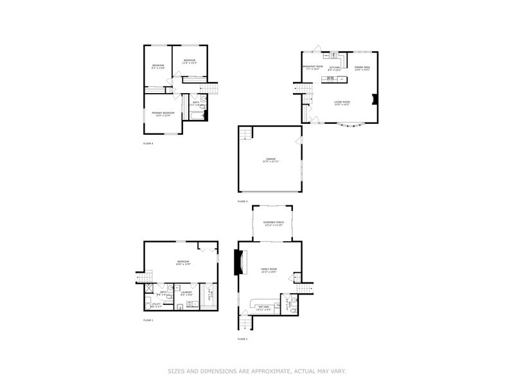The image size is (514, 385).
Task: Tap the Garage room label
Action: [269, 160]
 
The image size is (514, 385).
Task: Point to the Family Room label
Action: [269, 270]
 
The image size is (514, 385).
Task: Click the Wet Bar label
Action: [263, 307]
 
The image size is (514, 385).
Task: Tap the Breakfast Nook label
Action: [312, 67]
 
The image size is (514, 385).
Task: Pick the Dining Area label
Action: [362, 67]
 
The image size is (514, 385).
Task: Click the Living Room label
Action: [341, 102]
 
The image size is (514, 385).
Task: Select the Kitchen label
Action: [334, 67]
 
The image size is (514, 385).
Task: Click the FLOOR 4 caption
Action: [148, 144]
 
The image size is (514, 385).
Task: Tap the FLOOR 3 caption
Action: [242, 201]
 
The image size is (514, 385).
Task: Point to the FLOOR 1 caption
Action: [148, 320]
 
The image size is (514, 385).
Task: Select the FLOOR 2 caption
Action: [242, 339]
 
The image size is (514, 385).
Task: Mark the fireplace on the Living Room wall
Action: [375, 99]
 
